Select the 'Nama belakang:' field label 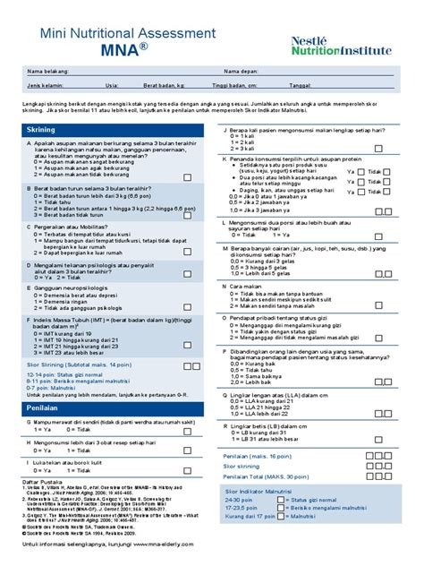(x=49, y=71)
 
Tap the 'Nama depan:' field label (x=242, y=71)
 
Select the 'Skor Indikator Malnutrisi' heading (x=266, y=493)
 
